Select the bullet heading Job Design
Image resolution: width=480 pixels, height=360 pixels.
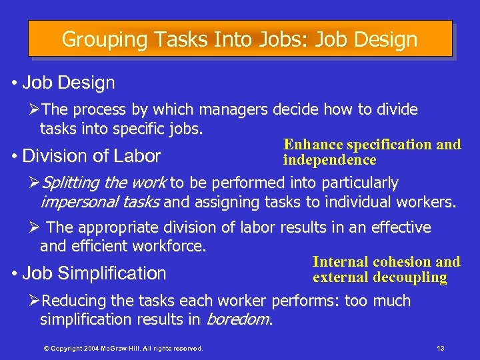[68, 83]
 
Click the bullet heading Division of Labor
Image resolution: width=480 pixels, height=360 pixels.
[91, 156]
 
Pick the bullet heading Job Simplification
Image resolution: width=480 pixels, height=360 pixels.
[94, 273]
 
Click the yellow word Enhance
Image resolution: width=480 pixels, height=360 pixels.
[313, 145]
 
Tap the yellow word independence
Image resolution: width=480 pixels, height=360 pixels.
[330, 160]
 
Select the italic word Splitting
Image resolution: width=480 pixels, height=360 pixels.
[71, 183]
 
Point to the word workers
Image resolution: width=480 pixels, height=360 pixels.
[427, 201]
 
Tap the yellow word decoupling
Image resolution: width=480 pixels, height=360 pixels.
[409, 277]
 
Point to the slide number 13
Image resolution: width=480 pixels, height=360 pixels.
[439, 348]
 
